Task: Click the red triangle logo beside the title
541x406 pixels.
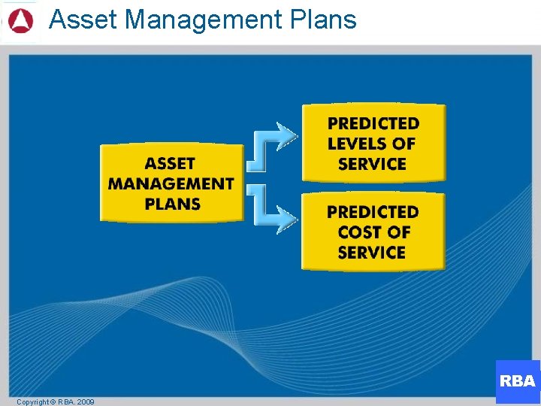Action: (20, 20)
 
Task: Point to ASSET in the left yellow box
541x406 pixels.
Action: (171, 163)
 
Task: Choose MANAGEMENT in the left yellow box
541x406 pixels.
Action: (171, 183)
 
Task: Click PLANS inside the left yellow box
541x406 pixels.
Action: (172, 204)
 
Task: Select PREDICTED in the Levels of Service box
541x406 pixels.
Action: (373, 123)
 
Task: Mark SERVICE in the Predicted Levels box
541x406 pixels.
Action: (373, 164)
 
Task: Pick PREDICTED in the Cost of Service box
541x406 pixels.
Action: (373, 212)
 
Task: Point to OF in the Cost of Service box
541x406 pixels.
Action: (399, 232)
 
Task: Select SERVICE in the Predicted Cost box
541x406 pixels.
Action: (372, 253)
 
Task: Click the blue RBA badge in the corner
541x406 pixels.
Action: (518, 381)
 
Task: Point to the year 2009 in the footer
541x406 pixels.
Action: (85, 402)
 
